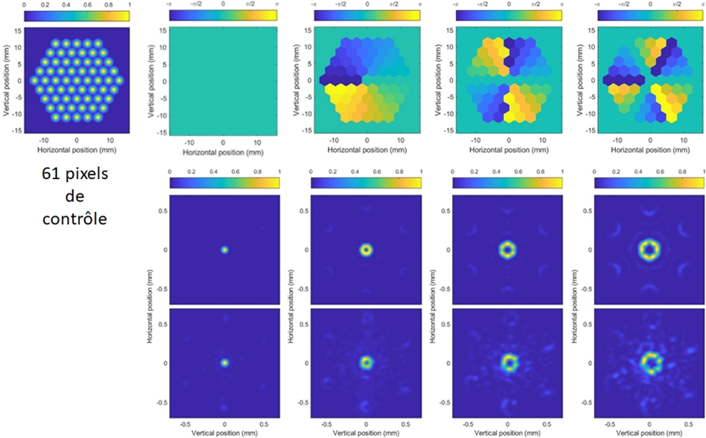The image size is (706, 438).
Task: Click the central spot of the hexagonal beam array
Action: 76,81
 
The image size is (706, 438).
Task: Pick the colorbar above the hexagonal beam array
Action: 76,16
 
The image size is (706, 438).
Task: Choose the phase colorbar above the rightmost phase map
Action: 650,15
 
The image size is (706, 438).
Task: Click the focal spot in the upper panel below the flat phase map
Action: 224,250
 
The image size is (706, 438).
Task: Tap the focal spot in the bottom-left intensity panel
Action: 224,362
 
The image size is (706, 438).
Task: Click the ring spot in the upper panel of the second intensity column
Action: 366,250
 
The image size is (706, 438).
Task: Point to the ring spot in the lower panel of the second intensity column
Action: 366,362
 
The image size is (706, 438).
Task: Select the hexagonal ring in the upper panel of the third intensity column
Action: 507,250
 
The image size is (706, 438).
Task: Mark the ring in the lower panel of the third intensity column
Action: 508,363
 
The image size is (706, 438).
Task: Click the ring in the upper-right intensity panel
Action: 649,250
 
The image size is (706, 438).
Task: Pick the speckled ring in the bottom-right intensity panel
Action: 649,363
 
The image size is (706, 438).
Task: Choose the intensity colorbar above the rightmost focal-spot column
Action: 649,182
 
